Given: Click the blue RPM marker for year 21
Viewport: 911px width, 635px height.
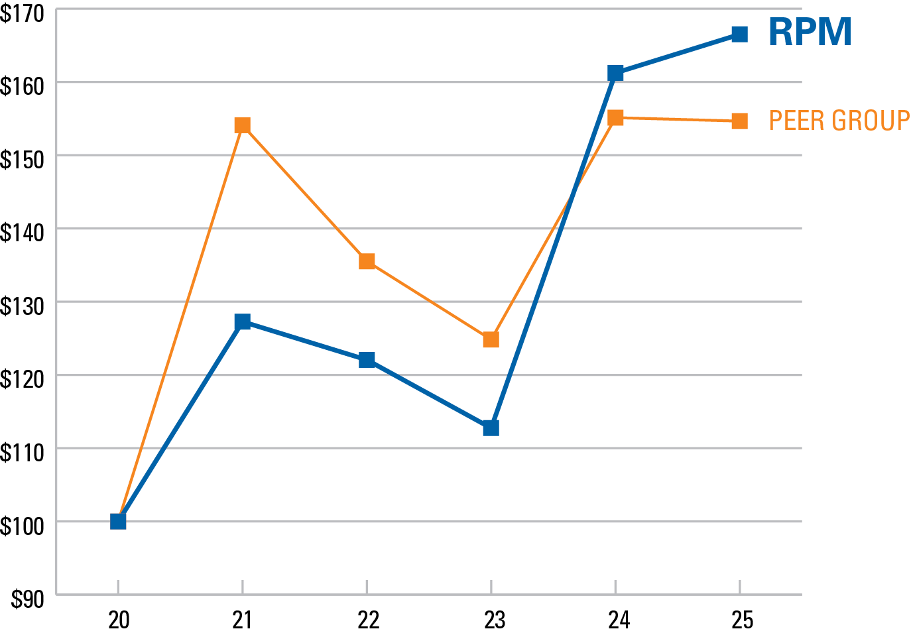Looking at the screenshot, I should (242, 322).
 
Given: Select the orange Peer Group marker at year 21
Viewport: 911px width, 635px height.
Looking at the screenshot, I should (242, 125).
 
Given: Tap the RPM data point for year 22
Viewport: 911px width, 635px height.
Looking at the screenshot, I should (367, 360).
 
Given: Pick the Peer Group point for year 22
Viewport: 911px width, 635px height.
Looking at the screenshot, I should (367, 261).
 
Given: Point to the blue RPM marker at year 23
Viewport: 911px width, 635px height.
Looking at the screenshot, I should (491, 428).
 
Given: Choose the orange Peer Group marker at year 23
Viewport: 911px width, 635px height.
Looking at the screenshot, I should (491, 339).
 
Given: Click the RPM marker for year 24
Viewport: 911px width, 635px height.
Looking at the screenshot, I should (615, 72).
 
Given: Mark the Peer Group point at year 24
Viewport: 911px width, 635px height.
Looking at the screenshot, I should (615, 118).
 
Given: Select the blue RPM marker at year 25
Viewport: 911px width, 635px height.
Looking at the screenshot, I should (739, 34).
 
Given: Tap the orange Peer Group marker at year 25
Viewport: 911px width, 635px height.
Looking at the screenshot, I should (739, 121).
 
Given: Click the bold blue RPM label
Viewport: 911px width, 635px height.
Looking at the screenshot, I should (810, 32).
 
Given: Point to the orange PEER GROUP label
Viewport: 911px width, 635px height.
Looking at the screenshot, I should (839, 121).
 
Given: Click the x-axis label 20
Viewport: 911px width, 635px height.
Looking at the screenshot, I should (119, 620).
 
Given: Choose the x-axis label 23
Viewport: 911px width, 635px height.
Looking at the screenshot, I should (494, 620).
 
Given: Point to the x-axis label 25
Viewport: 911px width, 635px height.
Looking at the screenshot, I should (743, 620).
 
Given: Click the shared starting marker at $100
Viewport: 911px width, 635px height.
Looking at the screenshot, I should (118, 521).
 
